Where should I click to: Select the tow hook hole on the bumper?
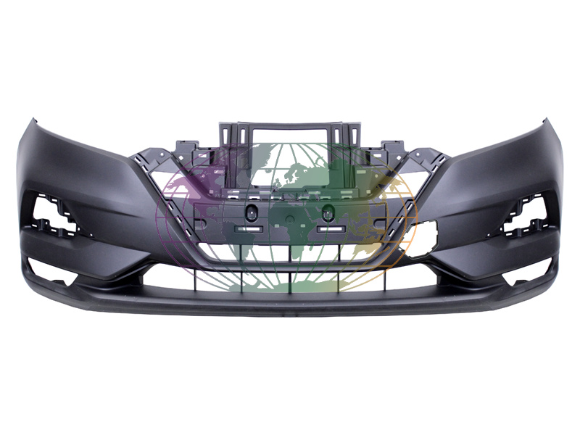click(x=428, y=231)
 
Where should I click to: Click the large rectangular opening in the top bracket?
click(x=289, y=149)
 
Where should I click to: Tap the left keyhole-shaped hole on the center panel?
click(x=250, y=212)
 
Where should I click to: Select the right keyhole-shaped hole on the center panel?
click(x=327, y=212)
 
